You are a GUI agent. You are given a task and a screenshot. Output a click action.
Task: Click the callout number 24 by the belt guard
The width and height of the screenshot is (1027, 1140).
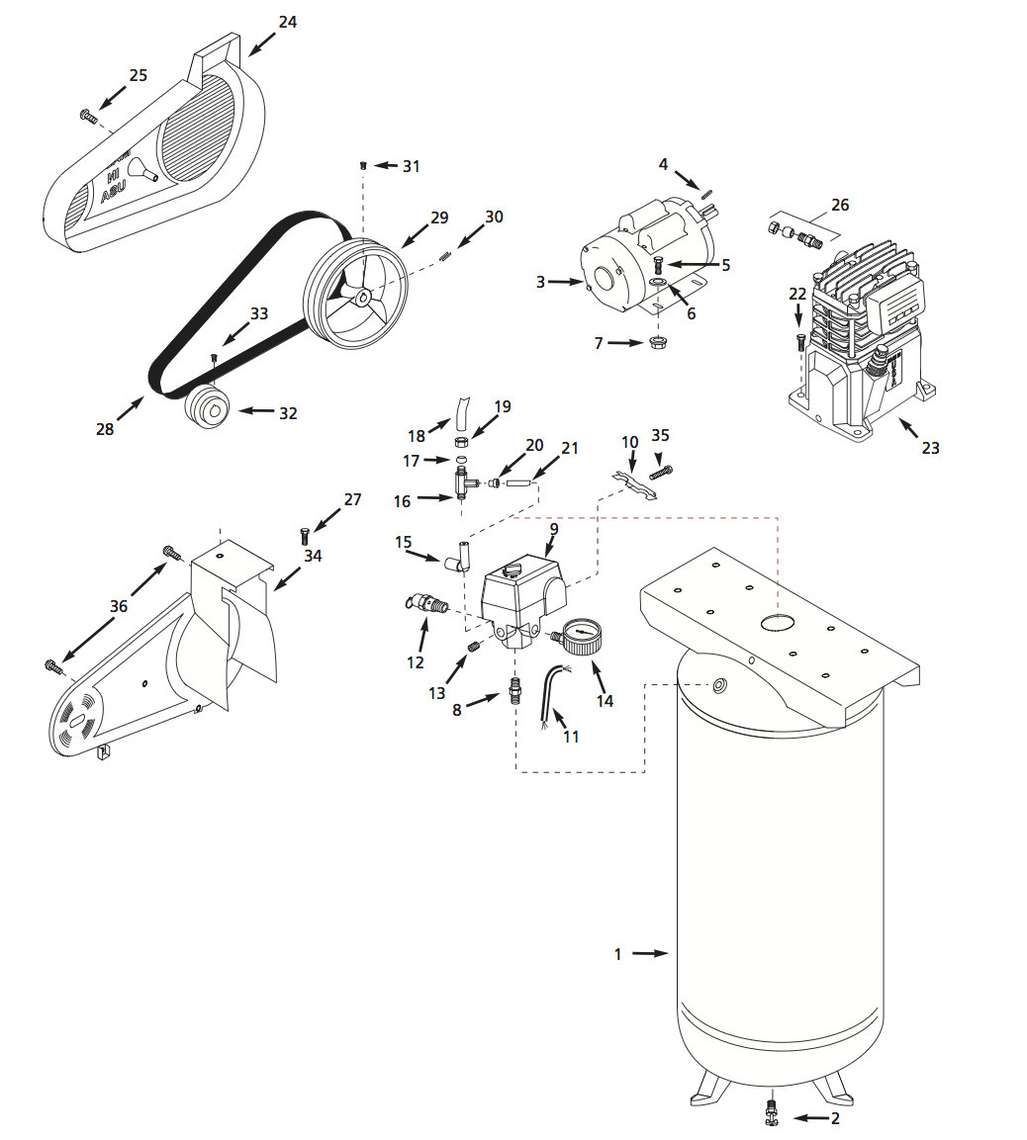pos(287,21)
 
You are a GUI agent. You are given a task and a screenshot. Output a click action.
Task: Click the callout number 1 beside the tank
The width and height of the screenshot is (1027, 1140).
pos(618,954)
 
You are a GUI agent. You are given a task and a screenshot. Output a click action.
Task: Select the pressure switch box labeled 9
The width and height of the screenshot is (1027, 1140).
pos(522,598)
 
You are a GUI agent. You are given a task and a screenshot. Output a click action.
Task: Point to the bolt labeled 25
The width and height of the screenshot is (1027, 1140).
pos(88,117)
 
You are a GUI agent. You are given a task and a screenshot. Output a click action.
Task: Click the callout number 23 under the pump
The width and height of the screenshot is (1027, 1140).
pos(930,447)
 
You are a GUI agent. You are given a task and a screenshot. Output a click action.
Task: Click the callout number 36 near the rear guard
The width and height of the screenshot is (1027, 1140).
pos(119,606)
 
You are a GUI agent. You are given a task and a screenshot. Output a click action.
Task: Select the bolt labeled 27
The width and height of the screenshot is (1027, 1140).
pos(304,536)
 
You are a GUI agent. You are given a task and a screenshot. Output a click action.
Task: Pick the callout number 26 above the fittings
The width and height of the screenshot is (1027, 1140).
pos(840,206)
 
